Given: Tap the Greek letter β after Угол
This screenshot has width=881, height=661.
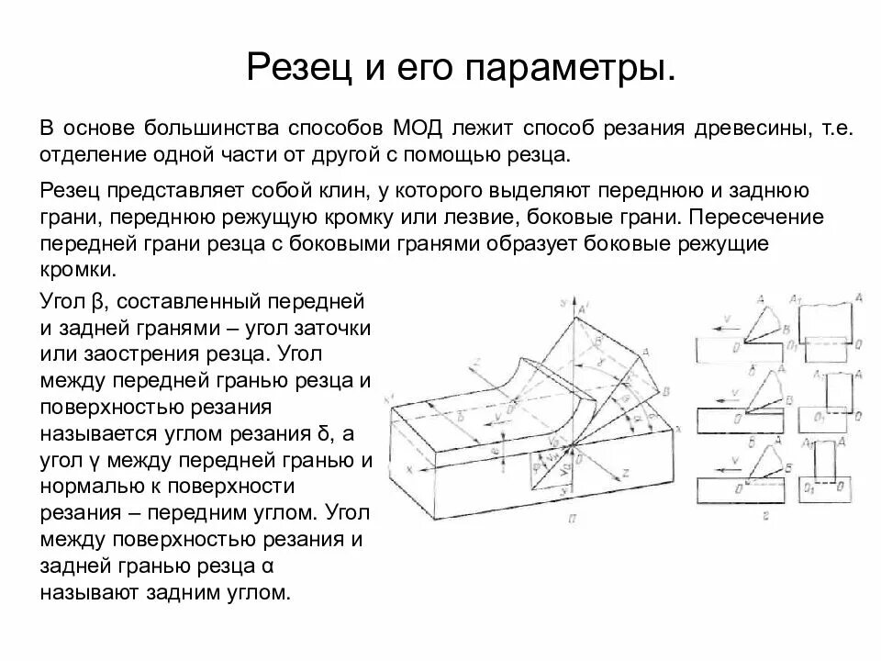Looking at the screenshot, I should [99, 302].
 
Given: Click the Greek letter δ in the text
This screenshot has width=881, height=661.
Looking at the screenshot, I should [335, 433].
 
